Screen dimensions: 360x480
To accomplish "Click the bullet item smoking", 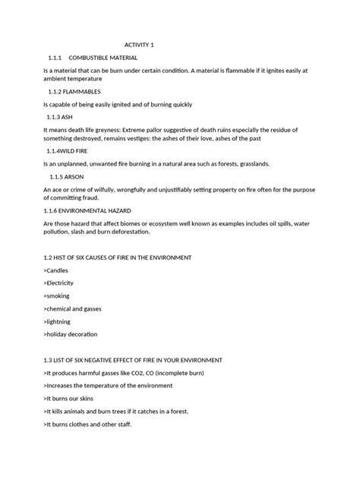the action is point(58,296).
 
